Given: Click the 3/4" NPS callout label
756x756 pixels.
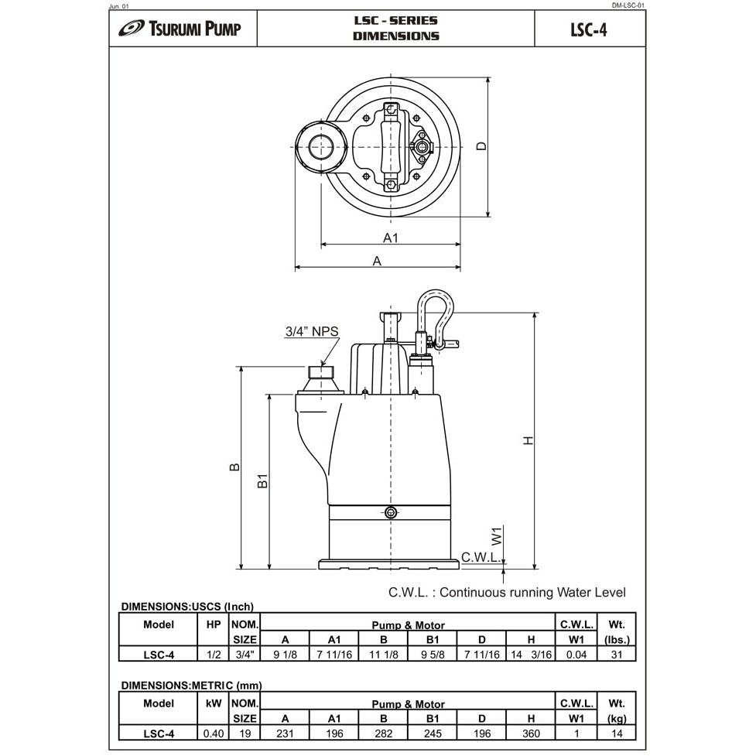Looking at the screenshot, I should pos(312,332).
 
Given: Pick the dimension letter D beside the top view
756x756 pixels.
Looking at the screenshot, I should pos(481,146).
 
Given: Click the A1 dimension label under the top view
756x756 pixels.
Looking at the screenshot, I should pos(391,238).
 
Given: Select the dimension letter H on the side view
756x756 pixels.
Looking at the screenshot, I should pos(529,440).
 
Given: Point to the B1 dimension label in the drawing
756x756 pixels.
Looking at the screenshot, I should pos(263,481).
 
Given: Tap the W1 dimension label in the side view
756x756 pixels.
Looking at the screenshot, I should pos(498,534).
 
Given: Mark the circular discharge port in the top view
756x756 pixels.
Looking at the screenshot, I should pos(319,146).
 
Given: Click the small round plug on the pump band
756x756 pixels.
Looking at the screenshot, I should pos(391,512).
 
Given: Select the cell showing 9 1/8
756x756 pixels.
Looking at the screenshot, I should pos(286,654).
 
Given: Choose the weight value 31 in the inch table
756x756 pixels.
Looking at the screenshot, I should pos(616,654).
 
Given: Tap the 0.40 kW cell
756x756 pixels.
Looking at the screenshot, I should pos(213,733).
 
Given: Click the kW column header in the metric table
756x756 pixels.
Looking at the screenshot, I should pos(214,703).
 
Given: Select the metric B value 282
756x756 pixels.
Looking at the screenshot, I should pos(383,733).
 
